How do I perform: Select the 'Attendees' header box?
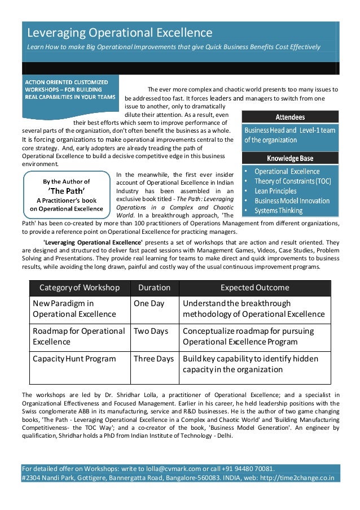pyautogui.click(x=290, y=117)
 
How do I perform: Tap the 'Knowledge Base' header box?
pyautogui.click(x=290, y=158)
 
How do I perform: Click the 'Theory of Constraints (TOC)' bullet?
pyautogui.click(x=292, y=181)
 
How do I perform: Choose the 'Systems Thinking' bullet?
pyautogui.click(x=278, y=211)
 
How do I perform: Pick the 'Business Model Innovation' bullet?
pyautogui.click(x=292, y=200)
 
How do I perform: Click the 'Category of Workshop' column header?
pyautogui.click(x=79, y=287)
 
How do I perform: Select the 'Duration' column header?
pyautogui.click(x=154, y=287)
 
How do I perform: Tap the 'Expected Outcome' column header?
pyautogui.click(x=254, y=287)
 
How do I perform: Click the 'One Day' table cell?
pyautogui.click(x=149, y=303)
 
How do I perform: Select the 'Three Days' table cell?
pyautogui.click(x=153, y=359)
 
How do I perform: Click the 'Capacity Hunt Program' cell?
pyautogui.click(x=74, y=359)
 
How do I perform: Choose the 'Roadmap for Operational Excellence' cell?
pyautogui.click(x=78, y=336)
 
